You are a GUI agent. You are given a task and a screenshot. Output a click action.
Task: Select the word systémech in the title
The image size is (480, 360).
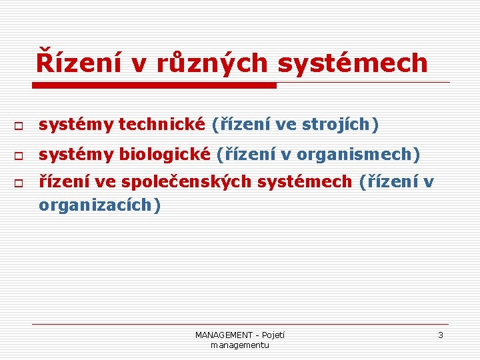coord(352,63)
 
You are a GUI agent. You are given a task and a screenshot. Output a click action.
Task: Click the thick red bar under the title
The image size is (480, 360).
coord(154,85)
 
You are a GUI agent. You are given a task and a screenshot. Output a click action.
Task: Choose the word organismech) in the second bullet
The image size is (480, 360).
coord(359,155)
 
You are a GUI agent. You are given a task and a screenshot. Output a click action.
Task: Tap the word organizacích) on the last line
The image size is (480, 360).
coord(100,205)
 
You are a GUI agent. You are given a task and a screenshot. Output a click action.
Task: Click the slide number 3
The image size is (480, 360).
coord(440,335)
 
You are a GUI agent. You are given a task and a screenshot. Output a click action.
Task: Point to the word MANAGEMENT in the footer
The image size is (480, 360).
coord(224,335)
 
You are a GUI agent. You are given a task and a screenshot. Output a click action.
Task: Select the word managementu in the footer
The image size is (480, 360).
coord(239,345)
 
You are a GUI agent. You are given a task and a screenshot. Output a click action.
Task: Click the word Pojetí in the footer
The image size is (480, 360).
coord(273,335)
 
